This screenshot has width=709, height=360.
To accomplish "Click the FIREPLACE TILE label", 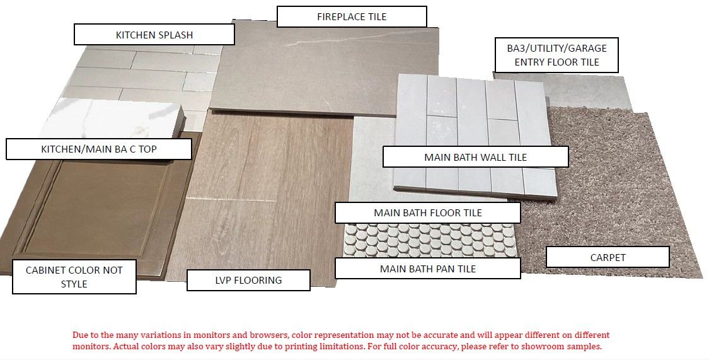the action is click(352, 17).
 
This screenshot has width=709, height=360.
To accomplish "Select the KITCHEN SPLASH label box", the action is click(154, 35).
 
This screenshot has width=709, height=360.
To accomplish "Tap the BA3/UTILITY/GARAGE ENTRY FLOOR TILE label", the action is click(556, 55).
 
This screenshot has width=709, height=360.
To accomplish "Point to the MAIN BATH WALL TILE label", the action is click(475, 157).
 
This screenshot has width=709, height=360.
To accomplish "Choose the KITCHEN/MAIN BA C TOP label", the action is click(98, 149).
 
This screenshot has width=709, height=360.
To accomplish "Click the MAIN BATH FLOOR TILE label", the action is click(428, 212).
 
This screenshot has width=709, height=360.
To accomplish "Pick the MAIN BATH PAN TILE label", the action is click(428, 269).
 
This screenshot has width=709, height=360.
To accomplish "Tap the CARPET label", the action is click(608, 257).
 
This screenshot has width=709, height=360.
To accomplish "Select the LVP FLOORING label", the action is click(248, 280).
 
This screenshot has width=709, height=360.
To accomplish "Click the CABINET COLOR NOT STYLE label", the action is click(74, 277).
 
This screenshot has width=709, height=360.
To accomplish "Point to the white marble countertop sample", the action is click(113, 119).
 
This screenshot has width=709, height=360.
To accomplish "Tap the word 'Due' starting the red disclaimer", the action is click(79, 335).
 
